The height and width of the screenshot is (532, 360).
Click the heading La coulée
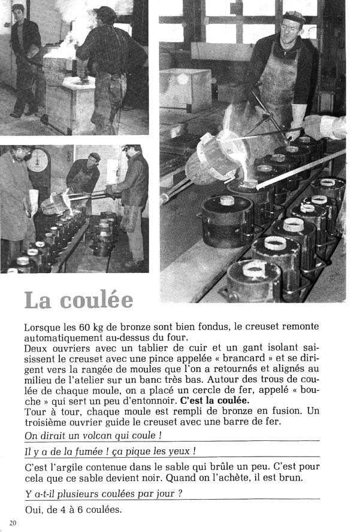78,300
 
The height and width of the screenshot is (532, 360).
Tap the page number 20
13,523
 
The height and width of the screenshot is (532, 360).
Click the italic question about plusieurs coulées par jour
104,494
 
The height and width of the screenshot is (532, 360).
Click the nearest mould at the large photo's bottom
255,279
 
